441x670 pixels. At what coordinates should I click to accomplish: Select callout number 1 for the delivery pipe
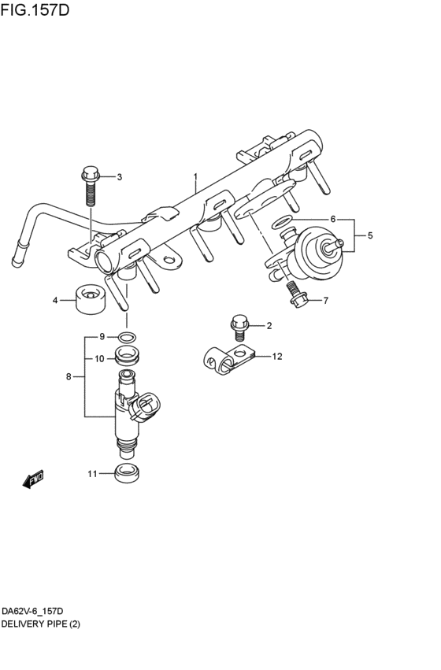coord(195,176)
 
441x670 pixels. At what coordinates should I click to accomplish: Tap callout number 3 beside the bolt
coord(120,177)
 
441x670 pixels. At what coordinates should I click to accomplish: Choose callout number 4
coord(56,300)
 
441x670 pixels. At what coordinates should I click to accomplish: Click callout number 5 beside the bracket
coord(370,235)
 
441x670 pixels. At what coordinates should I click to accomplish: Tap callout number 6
coord(332,219)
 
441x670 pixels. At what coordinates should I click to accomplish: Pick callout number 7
coord(325,300)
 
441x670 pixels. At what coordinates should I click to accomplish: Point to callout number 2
coord(269,325)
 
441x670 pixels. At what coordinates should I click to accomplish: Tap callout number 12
coord(276,357)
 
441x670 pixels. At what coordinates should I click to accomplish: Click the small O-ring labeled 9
coord(125,339)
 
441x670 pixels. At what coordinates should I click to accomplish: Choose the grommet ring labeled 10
coord(126,356)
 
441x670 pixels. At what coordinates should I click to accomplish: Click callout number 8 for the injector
coord(69,377)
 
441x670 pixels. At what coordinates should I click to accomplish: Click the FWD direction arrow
coord(34,479)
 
